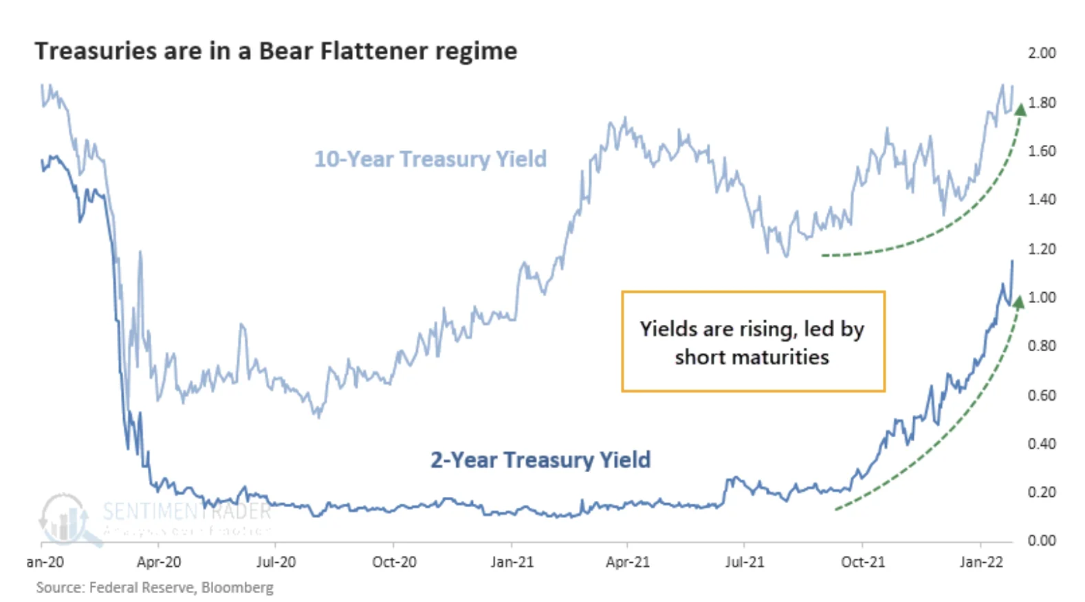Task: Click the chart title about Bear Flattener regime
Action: (276, 52)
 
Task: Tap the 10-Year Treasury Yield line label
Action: (430, 159)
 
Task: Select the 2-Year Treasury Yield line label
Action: (540, 460)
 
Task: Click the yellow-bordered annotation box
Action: (753, 342)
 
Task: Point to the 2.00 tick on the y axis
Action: (1041, 53)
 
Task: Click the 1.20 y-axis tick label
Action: (1041, 249)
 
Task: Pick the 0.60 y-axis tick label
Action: (1041, 395)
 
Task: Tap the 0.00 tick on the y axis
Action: (1041, 541)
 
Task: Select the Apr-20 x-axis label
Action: (159, 562)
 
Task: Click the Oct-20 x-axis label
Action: (394, 562)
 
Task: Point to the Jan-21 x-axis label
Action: (512, 562)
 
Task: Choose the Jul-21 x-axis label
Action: (745, 562)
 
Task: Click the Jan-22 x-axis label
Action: (981, 562)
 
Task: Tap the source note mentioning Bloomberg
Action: (155, 588)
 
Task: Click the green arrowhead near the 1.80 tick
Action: (1020, 108)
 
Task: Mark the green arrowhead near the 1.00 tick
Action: (1018, 301)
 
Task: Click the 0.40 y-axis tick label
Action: (1041, 444)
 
